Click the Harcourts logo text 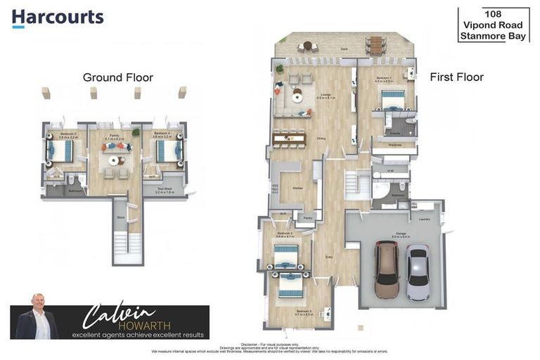[x=58, y=17]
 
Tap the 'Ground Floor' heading [x=117, y=77]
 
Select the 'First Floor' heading [x=456, y=77]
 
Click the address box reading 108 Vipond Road [x=494, y=25]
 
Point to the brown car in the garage [x=387, y=270]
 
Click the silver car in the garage [x=418, y=273]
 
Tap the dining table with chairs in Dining [x=289, y=139]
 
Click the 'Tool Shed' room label [x=164, y=188]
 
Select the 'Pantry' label [x=307, y=219]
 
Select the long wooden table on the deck [x=377, y=46]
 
